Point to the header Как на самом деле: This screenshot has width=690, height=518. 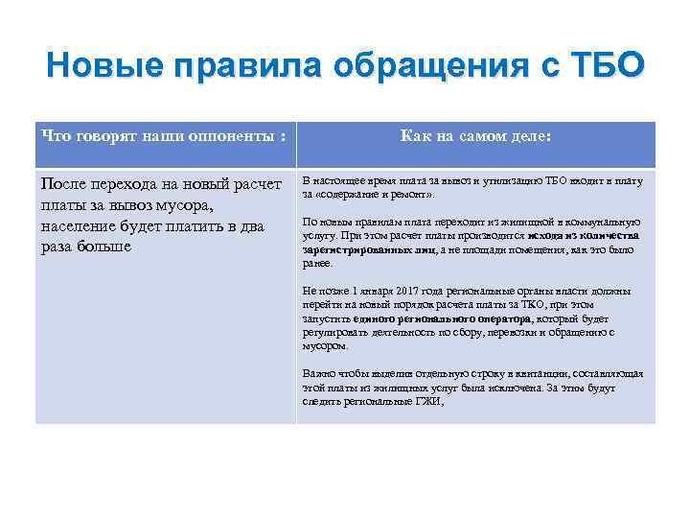click(x=475, y=137)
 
